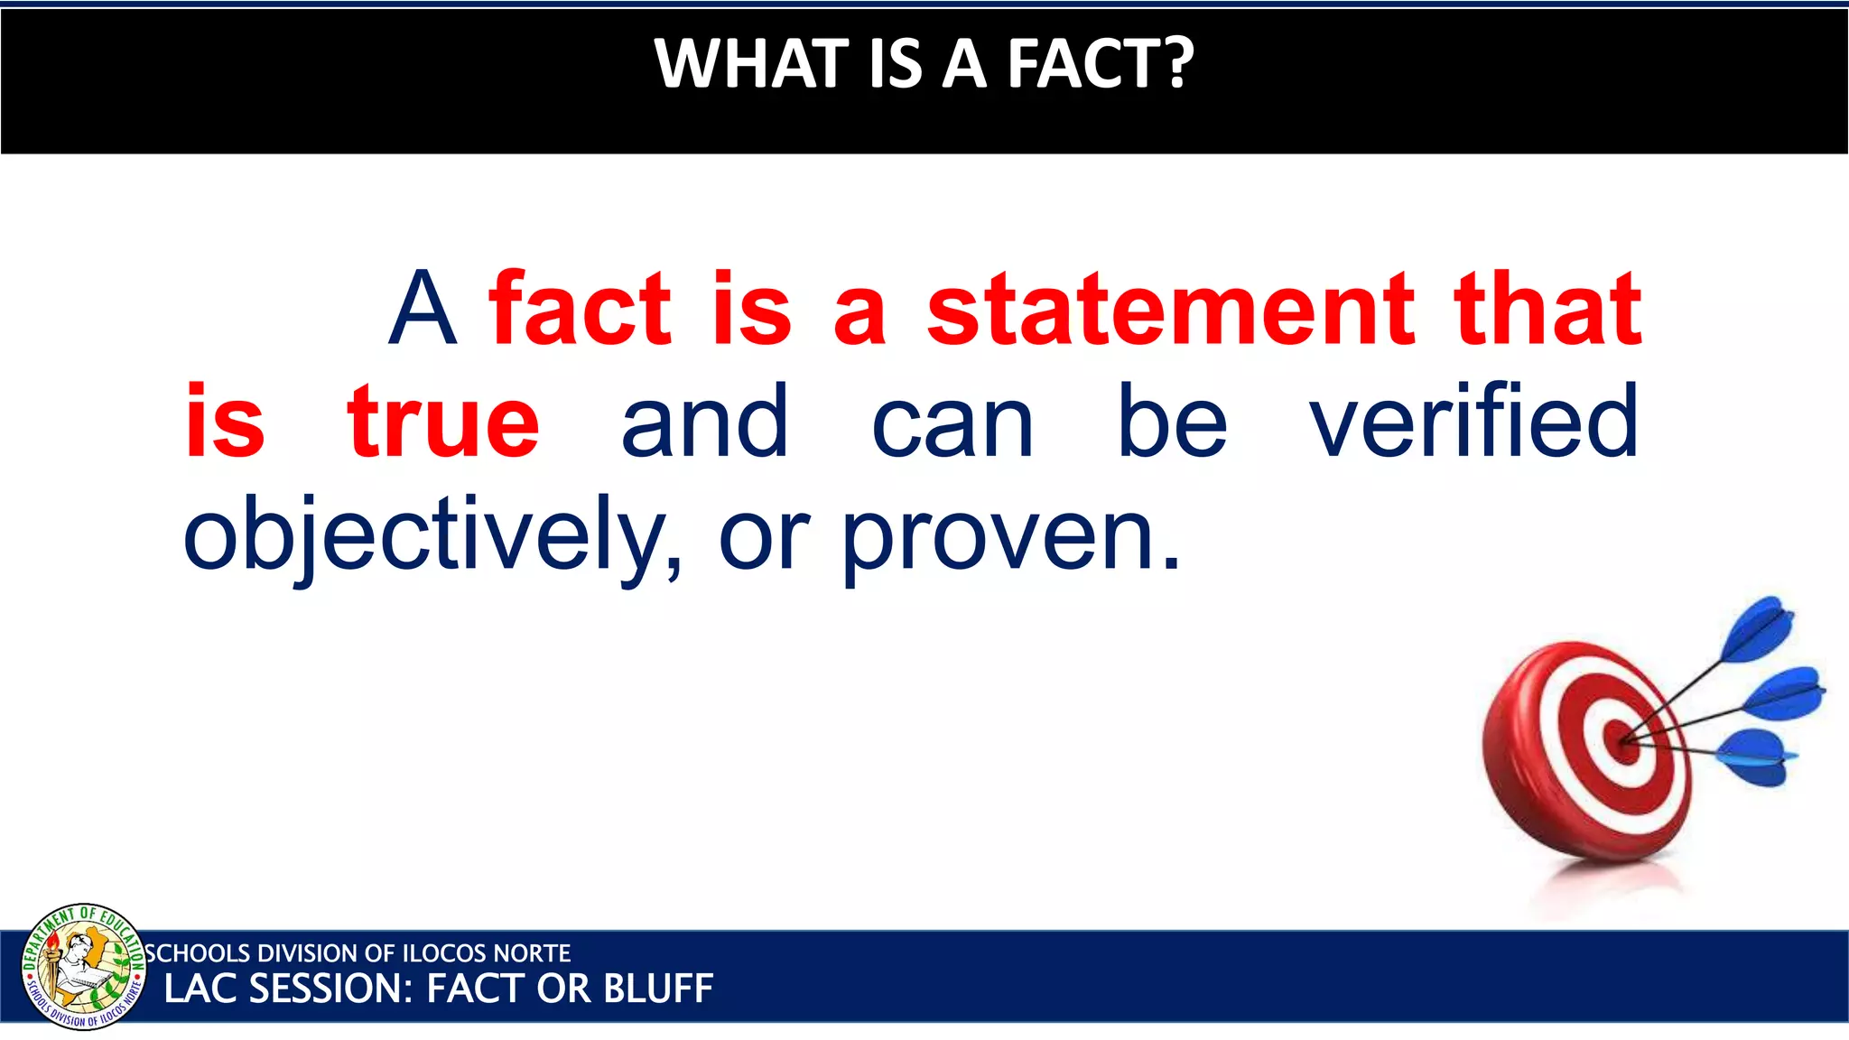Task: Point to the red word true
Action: tap(443, 422)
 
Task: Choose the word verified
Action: tap(1474, 422)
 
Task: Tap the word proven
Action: tap(1011, 539)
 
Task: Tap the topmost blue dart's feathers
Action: tap(1758, 629)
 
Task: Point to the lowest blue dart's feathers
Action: tap(1756, 757)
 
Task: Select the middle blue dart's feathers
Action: tap(1783, 693)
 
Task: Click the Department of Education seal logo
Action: tap(83, 966)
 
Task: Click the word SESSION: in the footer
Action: tap(330, 989)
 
